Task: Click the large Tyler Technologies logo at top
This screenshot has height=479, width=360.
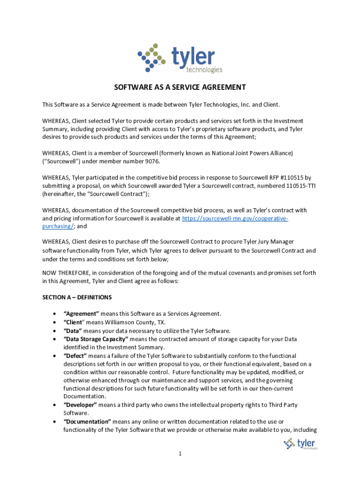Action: (180, 58)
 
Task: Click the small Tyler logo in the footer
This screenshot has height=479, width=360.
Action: (300, 443)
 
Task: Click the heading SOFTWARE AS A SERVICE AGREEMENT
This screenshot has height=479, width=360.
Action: (180, 87)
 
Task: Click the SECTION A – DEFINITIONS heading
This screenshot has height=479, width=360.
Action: (77, 298)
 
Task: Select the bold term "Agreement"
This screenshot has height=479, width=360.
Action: (81, 314)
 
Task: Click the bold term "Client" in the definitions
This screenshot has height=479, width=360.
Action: (74, 322)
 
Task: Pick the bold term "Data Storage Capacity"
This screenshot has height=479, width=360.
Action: (96, 339)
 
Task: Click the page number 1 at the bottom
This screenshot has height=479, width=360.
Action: (180, 454)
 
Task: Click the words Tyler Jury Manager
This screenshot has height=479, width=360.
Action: (268, 242)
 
